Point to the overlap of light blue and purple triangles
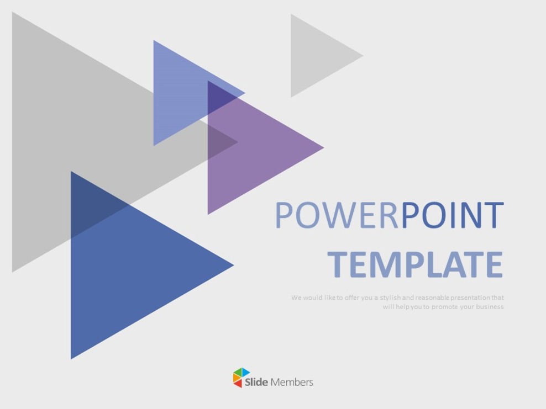[221, 99]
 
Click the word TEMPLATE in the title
[415, 264]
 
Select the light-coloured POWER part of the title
[337, 215]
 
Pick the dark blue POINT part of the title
[453, 215]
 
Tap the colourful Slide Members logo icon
[242, 378]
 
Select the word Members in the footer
[292, 382]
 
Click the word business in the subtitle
[489, 307]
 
